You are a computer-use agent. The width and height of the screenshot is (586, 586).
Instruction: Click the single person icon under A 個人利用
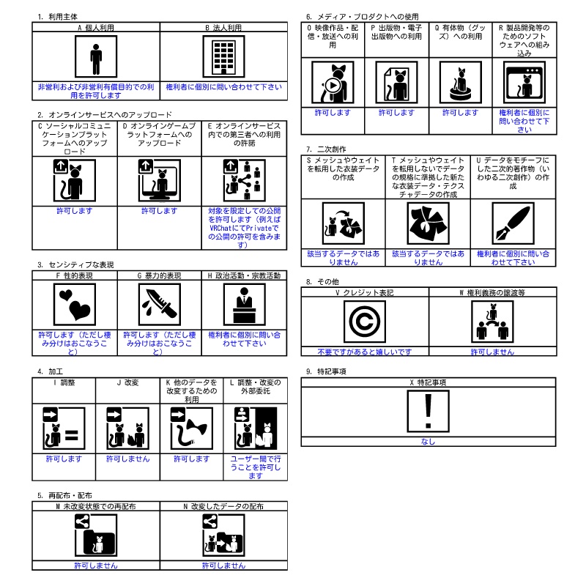(x=96, y=57)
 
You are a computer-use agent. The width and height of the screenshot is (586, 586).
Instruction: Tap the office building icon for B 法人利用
(x=224, y=57)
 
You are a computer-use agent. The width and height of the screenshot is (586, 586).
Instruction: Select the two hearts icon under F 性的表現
(x=75, y=304)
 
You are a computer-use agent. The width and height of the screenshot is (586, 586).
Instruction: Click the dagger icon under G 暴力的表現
(x=160, y=304)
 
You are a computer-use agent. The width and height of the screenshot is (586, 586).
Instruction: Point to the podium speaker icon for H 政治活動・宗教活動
(x=245, y=304)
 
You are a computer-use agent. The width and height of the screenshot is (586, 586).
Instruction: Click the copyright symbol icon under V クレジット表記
(x=365, y=322)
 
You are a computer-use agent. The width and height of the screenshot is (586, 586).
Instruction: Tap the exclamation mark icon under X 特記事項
(x=429, y=411)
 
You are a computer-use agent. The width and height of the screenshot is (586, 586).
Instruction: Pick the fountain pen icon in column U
(x=513, y=223)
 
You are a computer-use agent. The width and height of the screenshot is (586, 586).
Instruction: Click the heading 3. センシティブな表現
(x=75, y=264)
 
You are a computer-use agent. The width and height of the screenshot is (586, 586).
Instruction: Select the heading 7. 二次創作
(x=326, y=149)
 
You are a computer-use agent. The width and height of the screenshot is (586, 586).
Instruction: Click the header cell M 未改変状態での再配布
(x=96, y=506)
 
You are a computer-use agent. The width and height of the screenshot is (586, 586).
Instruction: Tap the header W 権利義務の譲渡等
(x=492, y=292)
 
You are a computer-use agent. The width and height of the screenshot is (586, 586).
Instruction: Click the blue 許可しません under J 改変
(x=127, y=459)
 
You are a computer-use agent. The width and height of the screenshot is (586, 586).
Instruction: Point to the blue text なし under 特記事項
(x=429, y=442)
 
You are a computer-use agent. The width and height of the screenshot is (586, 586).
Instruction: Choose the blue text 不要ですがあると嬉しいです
(x=365, y=352)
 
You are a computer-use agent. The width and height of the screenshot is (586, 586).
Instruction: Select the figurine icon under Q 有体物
(x=461, y=83)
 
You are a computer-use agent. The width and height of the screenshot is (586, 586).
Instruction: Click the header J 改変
(x=127, y=382)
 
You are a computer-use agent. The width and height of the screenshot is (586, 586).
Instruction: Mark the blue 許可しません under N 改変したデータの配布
(x=224, y=565)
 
